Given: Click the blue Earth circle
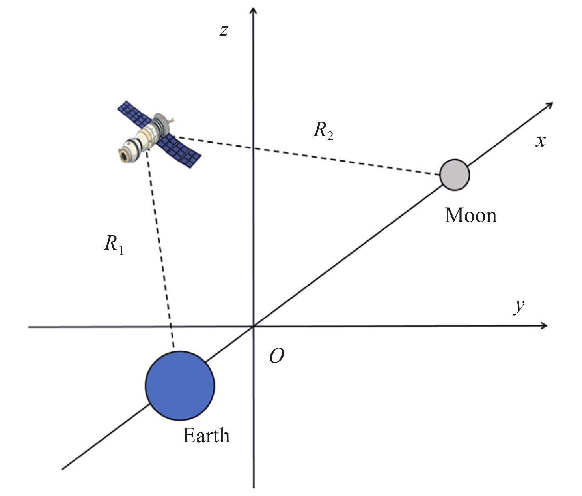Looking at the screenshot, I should click(x=180, y=385).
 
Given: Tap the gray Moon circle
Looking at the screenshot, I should click(x=455, y=175).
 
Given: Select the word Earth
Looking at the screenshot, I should click(x=206, y=436).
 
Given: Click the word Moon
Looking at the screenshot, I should click(x=471, y=216).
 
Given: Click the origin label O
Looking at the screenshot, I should click(x=276, y=356).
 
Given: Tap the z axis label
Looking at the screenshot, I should click(x=224, y=30).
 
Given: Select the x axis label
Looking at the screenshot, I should click(x=541, y=141).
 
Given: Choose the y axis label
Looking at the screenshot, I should click(x=519, y=306).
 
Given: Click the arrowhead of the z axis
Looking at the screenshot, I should click(x=254, y=9).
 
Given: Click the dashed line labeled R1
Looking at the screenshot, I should click(x=160, y=249).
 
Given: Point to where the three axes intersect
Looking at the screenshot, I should click(x=254, y=326).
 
